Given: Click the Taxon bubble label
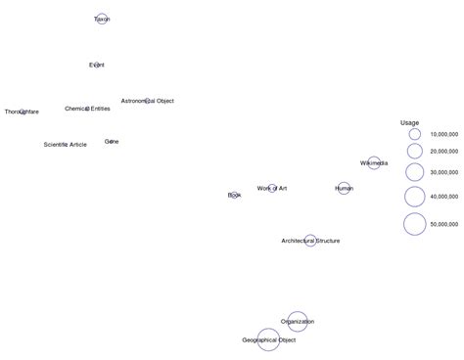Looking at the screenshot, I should (x=102, y=19).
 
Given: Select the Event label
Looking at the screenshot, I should (x=96, y=65).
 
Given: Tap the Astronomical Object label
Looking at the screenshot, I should (x=147, y=101).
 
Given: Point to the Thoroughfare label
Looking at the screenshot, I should (x=22, y=112).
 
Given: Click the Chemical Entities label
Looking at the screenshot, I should (x=87, y=109).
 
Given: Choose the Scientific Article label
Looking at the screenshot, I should (x=65, y=144).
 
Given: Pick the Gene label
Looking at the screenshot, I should (x=112, y=142).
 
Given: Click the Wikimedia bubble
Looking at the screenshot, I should (x=374, y=162).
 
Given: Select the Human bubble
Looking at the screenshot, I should (x=344, y=188).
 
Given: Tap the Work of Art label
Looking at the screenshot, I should (x=272, y=188).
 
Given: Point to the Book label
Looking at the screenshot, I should (x=234, y=195).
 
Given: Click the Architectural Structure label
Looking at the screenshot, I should (x=310, y=240).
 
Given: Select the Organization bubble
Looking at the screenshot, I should (x=298, y=321).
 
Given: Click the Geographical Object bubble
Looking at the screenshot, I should (x=268, y=339).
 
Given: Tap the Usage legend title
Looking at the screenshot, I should (x=409, y=122).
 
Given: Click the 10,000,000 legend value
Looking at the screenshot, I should (x=445, y=133).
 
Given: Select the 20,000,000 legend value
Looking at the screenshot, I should (x=445, y=151).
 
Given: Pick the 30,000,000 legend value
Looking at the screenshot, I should (x=445, y=172).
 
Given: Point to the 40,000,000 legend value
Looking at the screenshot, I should (x=445, y=196).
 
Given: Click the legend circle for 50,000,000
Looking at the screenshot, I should (x=414, y=224).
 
